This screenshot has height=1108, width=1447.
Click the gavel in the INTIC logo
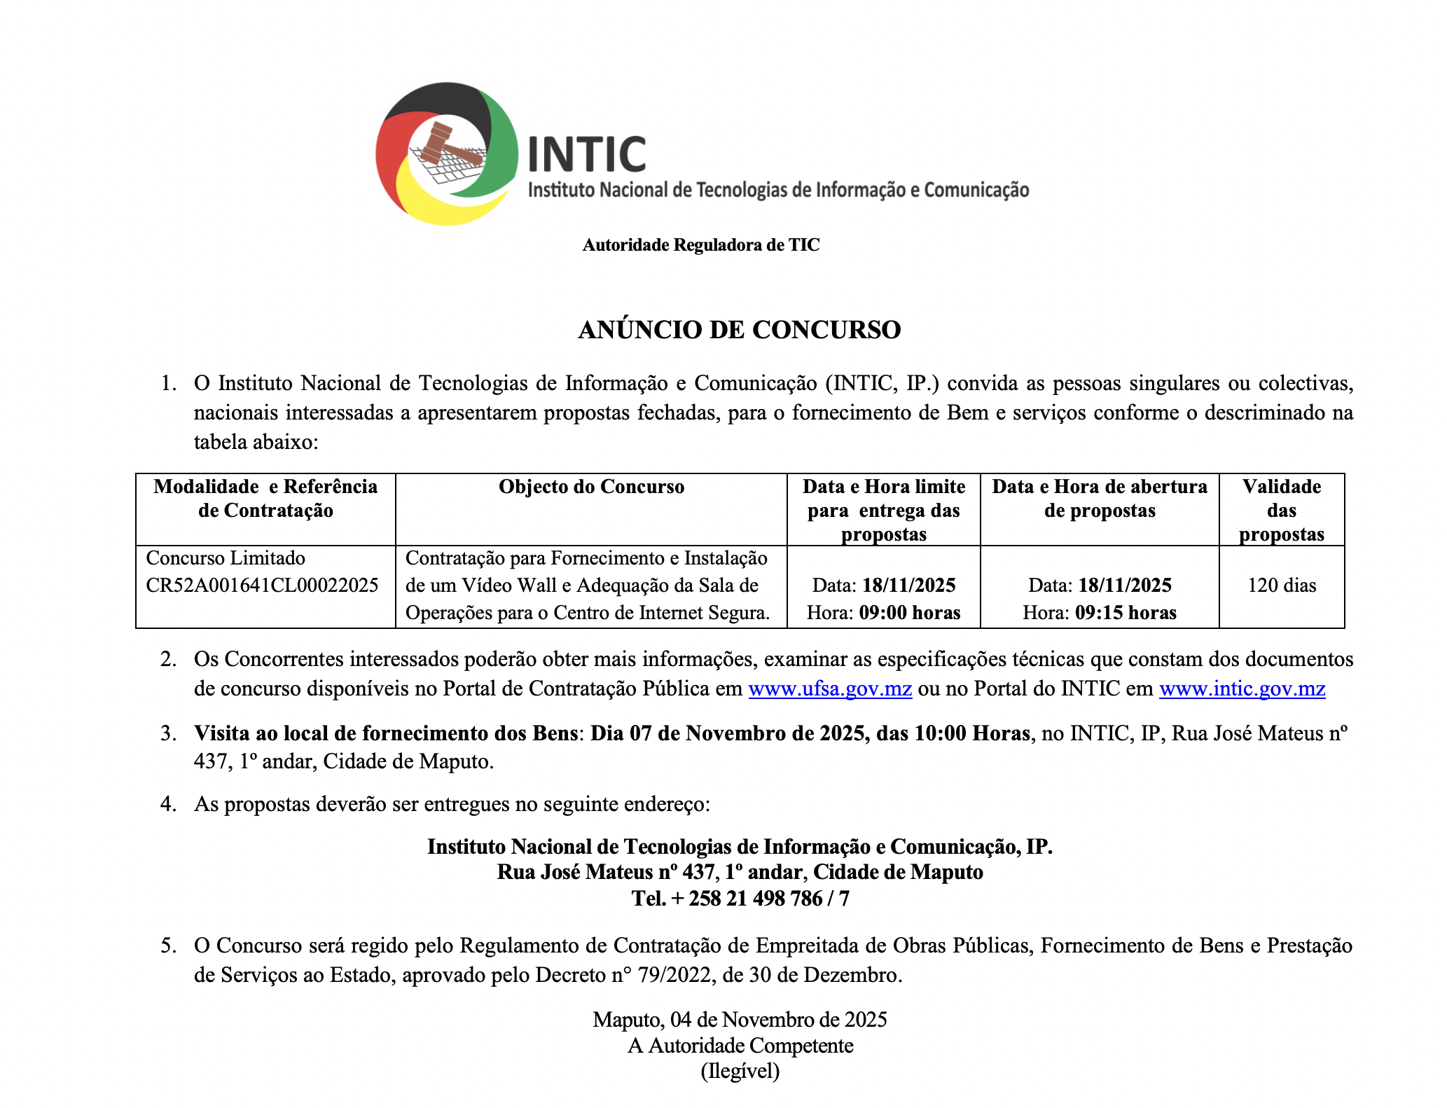pyautogui.click(x=448, y=145)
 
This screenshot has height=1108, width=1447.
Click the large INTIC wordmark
pyautogui.click(x=586, y=155)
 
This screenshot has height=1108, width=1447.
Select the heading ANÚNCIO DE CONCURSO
pyautogui.click(x=739, y=330)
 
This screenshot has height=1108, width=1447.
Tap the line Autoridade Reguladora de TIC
pyautogui.click(x=700, y=245)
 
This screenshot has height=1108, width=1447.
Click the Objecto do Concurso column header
pyautogui.click(x=591, y=487)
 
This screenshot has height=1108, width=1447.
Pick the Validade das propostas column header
pyautogui.click(x=1281, y=510)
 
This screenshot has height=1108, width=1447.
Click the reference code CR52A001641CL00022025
pyautogui.click(x=262, y=585)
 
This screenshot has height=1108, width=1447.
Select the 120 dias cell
pyautogui.click(x=1281, y=585)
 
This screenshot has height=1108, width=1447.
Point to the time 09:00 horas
pyautogui.click(x=909, y=613)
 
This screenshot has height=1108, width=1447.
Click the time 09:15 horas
pyautogui.click(x=1126, y=613)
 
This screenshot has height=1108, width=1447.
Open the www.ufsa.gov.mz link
pyautogui.click(x=830, y=689)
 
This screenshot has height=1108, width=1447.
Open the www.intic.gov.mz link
pyautogui.click(x=1242, y=689)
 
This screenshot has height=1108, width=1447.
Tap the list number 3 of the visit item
pyautogui.click(x=167, y=733)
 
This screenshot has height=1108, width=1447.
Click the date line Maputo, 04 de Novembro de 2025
pyautogui.click(x=740, y=1019)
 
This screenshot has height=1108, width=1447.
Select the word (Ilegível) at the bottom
pyautogui.click(x=740, y=1071)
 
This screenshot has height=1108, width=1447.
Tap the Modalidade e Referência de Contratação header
pyautogui.click(x=265, y=498)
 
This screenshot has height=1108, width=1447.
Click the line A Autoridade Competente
pyautogui.click(x=740, y=1046)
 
